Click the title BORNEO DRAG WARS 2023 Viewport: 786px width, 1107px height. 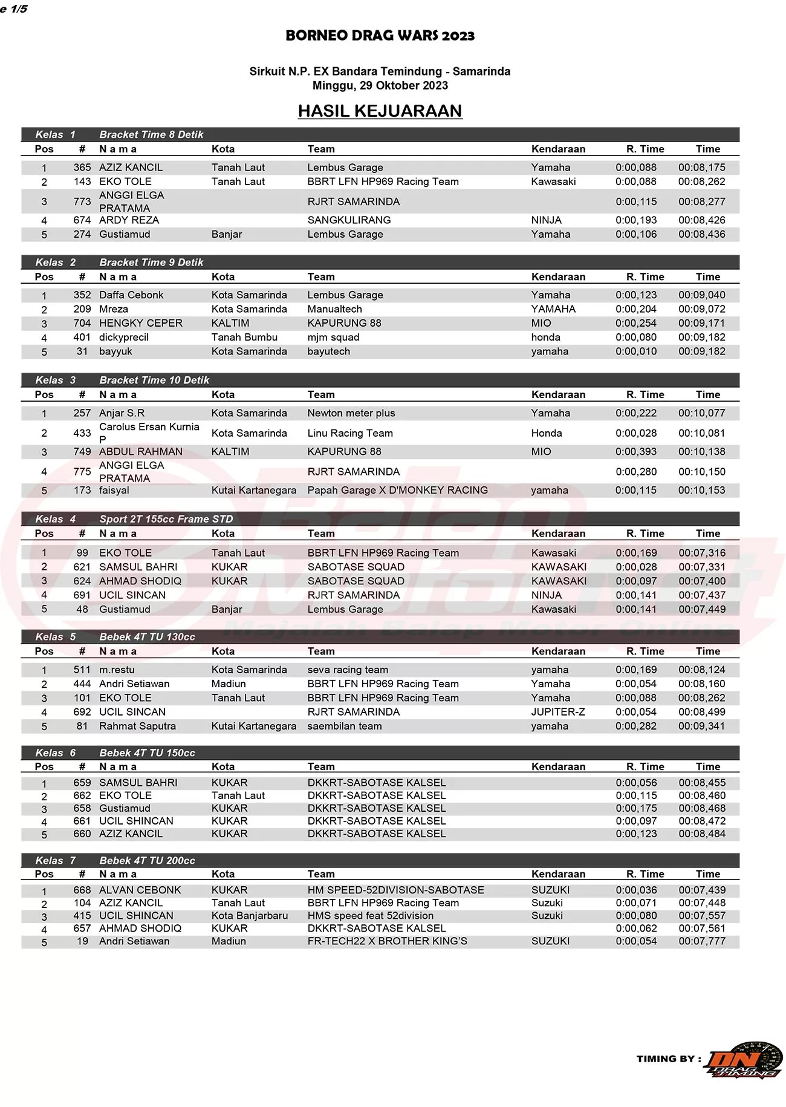pyautogui.click(x=380, y=36)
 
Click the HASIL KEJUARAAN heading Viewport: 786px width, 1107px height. pyautogui.click(x=380, y=111)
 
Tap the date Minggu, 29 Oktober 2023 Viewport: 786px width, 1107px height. pyautogui.click(x=380, y=85)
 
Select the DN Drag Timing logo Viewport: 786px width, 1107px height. pyautogui.click(x=743, y=1060)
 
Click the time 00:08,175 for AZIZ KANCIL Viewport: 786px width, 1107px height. pyautogui.click(x=701, y=168)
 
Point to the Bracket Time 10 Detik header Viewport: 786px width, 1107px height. pyautogui.click(x=154, y=380)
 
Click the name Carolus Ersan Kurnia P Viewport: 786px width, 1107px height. pyautogui.click(x=149, y=433)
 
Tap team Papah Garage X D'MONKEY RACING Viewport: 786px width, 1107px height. pyautogui.click(x=397, y=490)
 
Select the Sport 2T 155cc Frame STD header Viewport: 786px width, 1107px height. pyautogui.click(x=166, y=519)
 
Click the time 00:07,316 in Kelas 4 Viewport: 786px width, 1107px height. pyautogui.click(x=701, y=553)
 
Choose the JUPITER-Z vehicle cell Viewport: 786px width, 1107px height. pyautogui.click(x=557, y=712)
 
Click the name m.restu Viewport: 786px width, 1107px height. pyautogui.click(x=117, y=670)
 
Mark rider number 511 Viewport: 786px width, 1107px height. pyautogui.click(x=82, y=670)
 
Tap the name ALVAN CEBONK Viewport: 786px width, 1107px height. pyautogui.click(x=140, y=890)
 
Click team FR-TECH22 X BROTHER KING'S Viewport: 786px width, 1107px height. pyautogui.click(x=387, y=941)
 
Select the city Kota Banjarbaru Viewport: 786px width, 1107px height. pyautogui.click(x=249, y=916)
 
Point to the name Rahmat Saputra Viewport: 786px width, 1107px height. pyautogui.click(x=137, y=726)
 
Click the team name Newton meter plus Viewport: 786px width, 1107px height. pyautogui.click(x=351, y=413)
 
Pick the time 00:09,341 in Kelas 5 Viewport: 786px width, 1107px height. pyautogui.click(x=701, y=726)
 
